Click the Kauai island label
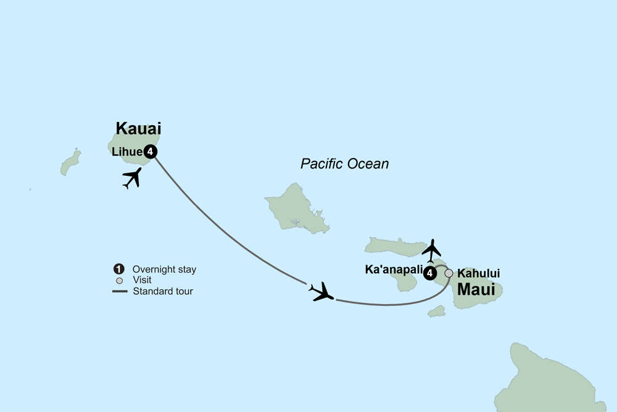click(138, 129)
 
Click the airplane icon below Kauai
click(132, 178)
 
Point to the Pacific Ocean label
click(345, 164)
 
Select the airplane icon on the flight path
click(322, 291)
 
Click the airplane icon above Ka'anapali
click(432, 250)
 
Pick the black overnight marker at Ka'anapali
click(429, 273)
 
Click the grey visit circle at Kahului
click(449, 273)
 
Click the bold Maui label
click(477, 289)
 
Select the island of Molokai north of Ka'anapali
click(395, 246)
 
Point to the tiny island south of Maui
click(437, 311)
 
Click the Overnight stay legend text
click(165, 270)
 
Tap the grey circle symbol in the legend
click(119, 280)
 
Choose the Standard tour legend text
click(163, 291)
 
